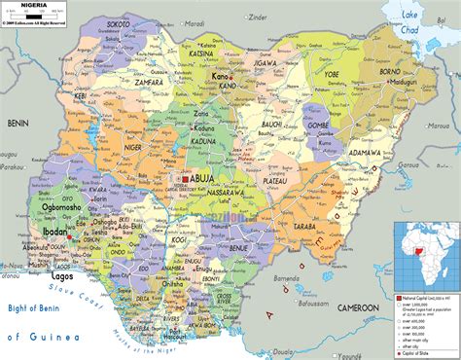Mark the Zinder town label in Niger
[258, 17]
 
